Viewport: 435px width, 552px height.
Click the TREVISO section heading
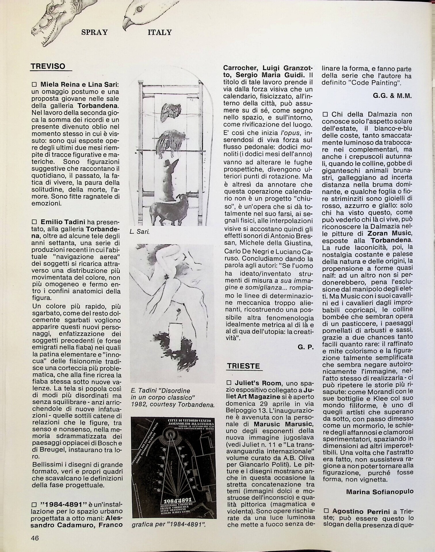(48, 66)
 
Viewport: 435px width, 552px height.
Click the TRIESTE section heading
(243, 366)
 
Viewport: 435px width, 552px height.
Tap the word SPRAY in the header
(94, 32)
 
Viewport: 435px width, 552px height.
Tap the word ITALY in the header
(160, 32)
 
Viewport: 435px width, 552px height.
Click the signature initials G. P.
(306, 347)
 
